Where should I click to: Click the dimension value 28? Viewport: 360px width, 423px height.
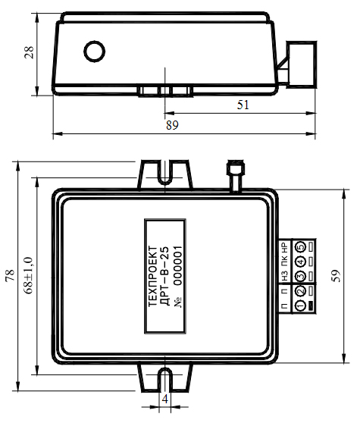29,52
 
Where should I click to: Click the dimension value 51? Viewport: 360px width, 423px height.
243,105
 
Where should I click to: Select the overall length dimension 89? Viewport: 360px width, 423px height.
172,125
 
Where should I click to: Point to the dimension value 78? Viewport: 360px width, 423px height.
11,275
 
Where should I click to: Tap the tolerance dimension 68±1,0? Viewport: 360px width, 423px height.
28,275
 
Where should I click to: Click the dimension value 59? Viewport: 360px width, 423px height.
336,276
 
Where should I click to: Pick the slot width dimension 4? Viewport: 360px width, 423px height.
164,399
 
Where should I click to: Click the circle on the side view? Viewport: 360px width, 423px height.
95,52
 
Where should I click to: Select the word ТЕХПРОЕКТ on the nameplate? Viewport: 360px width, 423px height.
153,276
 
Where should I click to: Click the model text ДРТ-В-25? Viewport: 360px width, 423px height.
165,276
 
